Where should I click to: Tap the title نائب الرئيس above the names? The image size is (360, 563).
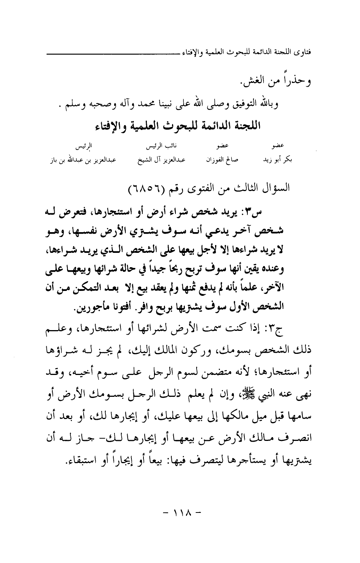pyautogui.click(x=158, y=145)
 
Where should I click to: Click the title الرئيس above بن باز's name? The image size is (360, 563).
pyautogui.click(x=82, y=145)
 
